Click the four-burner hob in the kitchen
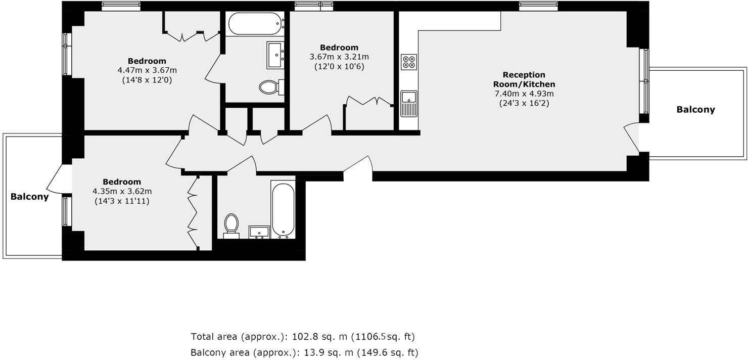[409, 62]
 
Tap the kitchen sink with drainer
[409, 103]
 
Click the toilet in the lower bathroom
[231, 225]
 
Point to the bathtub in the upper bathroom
[255, 24]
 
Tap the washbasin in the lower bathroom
[260, 232]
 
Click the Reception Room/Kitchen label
[524, 79]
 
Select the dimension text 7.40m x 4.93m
[524, 94]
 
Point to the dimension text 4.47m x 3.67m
[147, 70]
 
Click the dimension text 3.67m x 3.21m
[339, 57]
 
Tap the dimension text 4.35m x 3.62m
[122, 191]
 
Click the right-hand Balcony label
[696, 110]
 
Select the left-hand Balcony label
[30, 197]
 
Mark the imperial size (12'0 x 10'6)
[339, 66]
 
